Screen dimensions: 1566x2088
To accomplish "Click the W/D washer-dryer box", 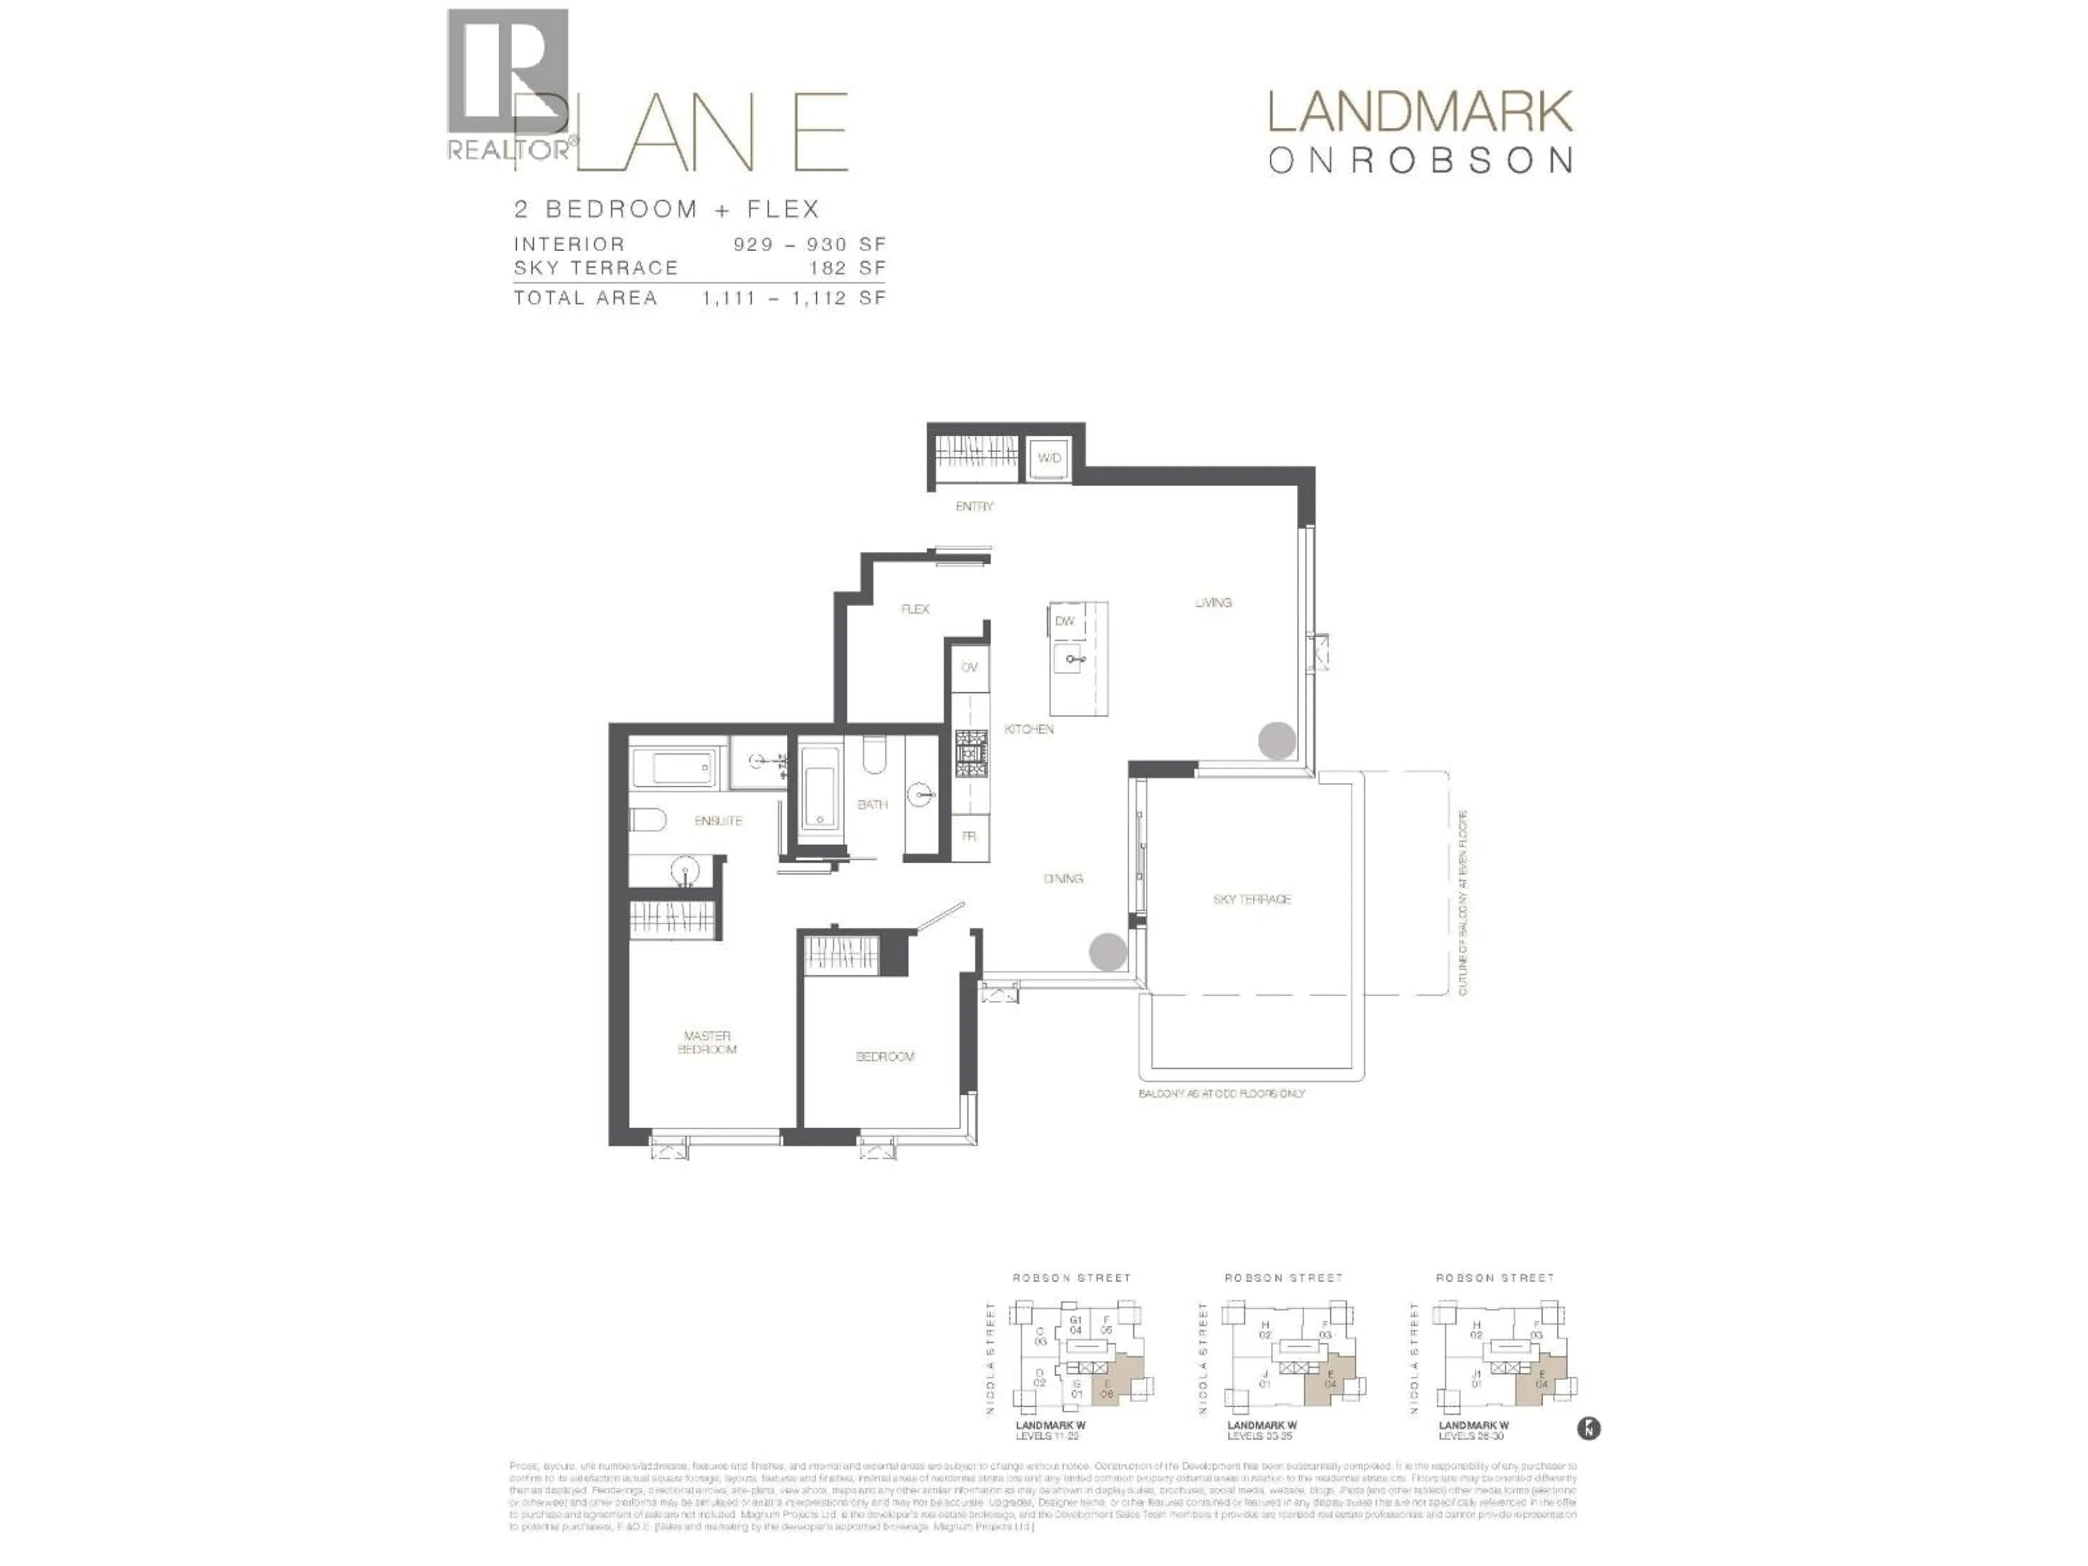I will (x=1049, y=458).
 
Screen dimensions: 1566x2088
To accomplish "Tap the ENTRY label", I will (x=974, y=507).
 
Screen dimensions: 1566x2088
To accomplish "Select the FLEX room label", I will (x=915, y=609).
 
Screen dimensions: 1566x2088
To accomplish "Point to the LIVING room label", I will (x=1213, y=602).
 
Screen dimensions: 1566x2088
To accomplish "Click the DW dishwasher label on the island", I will (x=1065, y=621).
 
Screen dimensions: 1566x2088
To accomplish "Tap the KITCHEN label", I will (x=1029, y=729).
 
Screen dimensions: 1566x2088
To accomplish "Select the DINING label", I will (x=1063, y=878).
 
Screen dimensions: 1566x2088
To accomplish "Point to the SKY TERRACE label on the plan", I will (x=1252, y=899).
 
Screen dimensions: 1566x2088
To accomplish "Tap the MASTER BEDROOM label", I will (x=707, y=1042).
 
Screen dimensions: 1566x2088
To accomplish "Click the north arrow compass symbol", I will (x=1589, y=1428).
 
